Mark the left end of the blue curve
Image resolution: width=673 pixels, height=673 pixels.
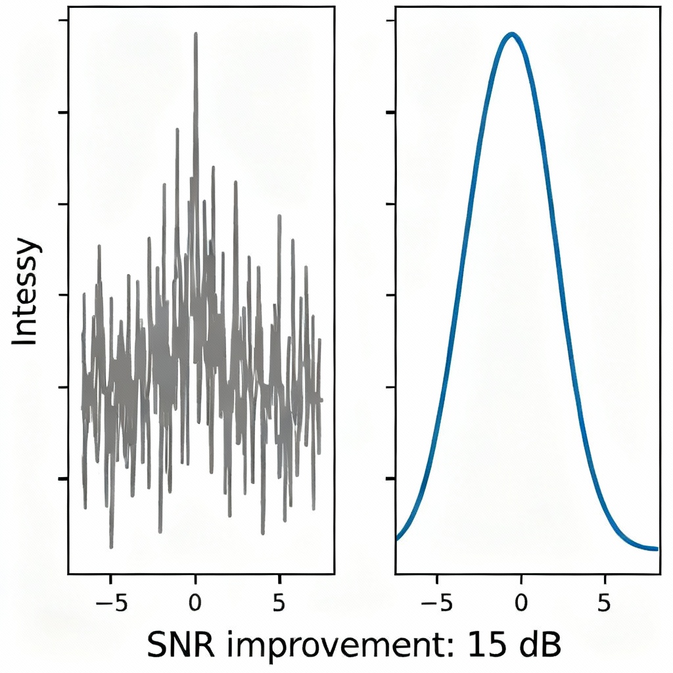397,538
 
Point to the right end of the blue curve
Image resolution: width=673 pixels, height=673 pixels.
656,549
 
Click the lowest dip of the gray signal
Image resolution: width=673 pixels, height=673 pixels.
111,546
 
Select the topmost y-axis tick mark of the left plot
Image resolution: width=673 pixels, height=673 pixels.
64,21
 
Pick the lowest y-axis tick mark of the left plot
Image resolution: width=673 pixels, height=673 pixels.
64,479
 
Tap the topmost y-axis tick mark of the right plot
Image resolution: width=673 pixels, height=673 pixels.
390,21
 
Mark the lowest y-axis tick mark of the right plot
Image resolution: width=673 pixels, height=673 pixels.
390,479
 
